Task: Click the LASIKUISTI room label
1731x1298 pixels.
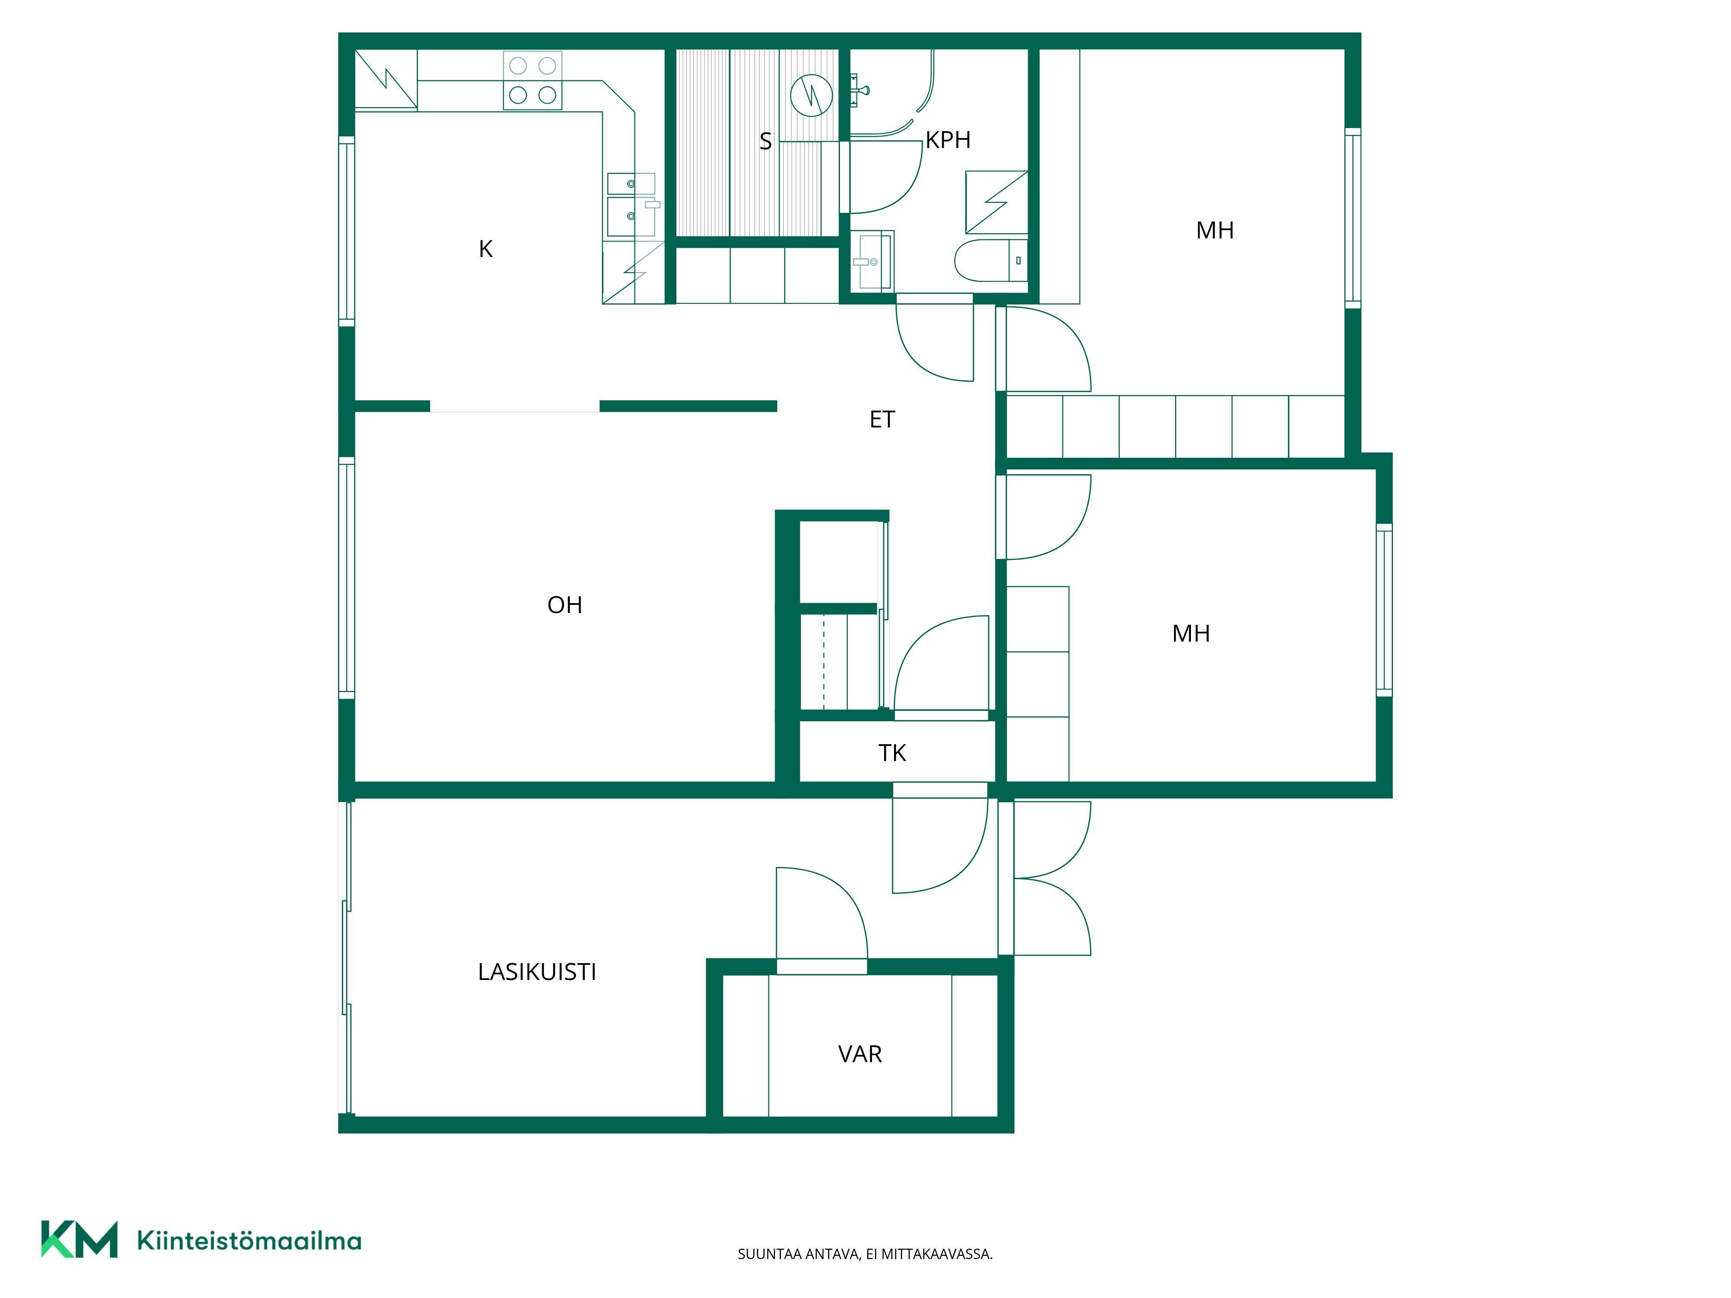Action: coord(537,972)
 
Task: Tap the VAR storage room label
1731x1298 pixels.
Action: coord(860,1054)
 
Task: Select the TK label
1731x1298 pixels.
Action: coord(892,753)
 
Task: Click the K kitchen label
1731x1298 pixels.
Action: coord(486,249)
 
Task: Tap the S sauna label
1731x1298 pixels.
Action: coord(766,141)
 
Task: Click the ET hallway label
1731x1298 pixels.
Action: coord(882,419)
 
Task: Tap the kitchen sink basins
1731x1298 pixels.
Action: coord(631,205)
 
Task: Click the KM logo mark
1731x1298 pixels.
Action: coord(79,1239)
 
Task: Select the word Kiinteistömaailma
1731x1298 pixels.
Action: coord(249,1240)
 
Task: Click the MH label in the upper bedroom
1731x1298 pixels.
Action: coord(1215,230)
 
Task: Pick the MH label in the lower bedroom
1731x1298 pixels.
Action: coord(1191,633)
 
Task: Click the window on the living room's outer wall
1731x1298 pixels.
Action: coord(347,578)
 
